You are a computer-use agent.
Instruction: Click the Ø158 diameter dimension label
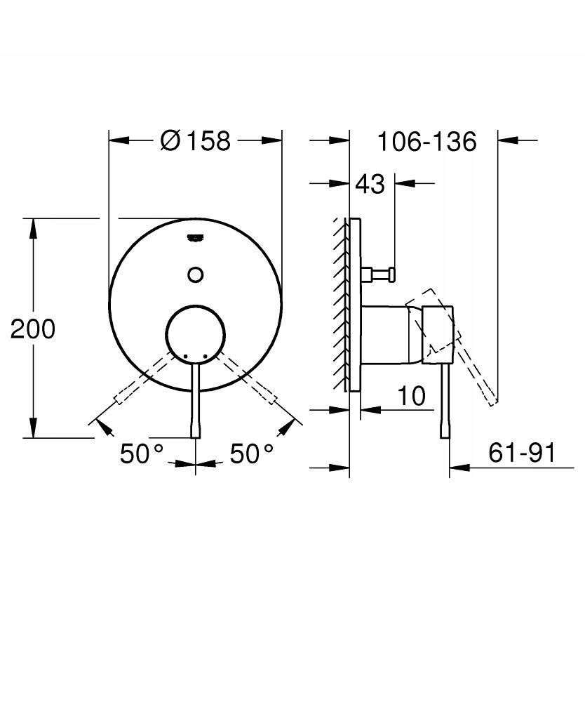pyautogui.click(x=194, y=140)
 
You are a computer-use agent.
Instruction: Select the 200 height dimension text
pyautogui.click(x=32, y=329)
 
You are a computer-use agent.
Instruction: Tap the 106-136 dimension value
pyautogui.click(x=426, y=141)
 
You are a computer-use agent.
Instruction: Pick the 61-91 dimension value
pyautogui.click(x=521, y=453)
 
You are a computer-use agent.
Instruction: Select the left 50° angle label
pyautogui.click(x=142, y=454)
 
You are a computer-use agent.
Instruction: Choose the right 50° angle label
pyautogui.click(x=252, y=454)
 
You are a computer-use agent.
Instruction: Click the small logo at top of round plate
pyautogui.click(x=196, y=237)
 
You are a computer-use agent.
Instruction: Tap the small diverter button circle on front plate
pyautogui.click(x=196, y=274)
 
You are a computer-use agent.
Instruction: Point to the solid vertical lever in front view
pyautogui.click(x=196, y=407)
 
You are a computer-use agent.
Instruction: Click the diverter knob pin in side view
pyautogui.click(x=379, y=274)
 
